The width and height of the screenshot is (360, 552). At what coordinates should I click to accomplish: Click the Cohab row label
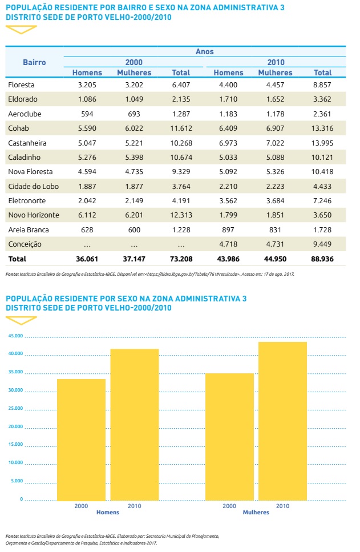[x=20, y=128]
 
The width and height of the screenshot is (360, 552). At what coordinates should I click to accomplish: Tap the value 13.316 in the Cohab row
[x=322, y=128]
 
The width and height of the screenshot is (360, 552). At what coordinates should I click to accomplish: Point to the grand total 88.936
[x=322, y=259]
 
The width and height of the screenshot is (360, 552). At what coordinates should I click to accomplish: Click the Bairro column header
[x=34, y=62]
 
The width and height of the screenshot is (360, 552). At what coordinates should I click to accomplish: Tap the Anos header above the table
[x=204, y=52]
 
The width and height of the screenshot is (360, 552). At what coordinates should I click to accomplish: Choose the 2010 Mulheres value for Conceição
[x=275, y=244]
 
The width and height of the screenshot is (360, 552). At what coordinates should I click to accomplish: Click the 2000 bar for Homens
[x=81, y=440]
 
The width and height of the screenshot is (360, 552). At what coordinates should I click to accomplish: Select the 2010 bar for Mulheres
[x=282, y=421]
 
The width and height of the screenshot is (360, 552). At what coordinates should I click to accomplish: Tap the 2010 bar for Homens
[x=135, y=424]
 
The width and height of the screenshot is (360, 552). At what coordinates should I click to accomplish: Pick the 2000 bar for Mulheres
[x=229, y=437]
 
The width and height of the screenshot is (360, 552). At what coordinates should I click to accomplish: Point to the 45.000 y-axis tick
[x=15, y=336]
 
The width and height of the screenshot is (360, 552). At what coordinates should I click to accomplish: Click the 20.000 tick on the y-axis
[x=15, y=426]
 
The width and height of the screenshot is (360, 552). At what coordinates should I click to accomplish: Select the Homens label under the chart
[x=108, y=513]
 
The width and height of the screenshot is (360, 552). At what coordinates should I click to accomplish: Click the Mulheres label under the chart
[x=256, y=513]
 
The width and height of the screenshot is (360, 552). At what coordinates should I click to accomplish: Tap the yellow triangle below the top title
[x=21, y=29]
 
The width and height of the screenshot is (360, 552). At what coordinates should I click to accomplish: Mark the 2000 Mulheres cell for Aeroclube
[x=134, y=114]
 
